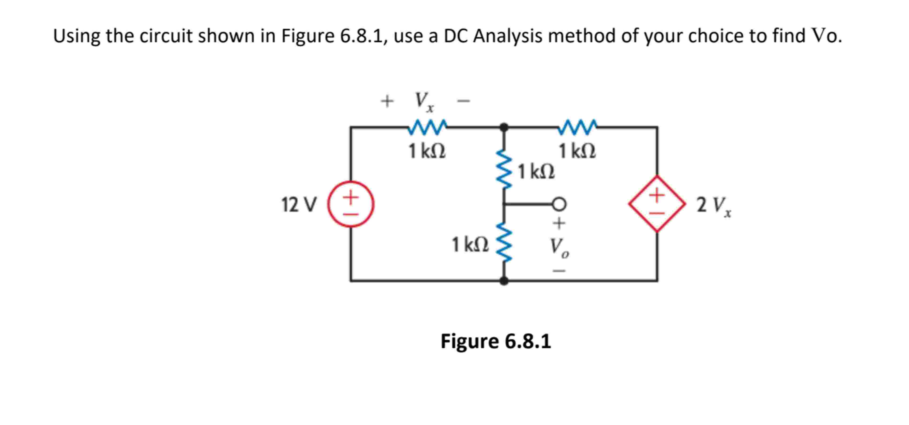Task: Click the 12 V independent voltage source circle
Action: pyautogui.click(x=351, y=204)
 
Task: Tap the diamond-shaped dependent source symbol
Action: pyautogui.click(x=657, y=204)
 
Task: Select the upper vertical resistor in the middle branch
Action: pyautogui.click(x=504, y=170)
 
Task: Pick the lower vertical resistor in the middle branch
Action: pyautogui.click(x=504, y=242)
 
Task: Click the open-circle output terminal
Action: pyautogui.click(x=559, y=204)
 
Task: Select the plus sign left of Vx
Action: pyautogui.click(x=387, y=101)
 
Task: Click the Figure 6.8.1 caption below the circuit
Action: pyautogui.click(x=495, y=341)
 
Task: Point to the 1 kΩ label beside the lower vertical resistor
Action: pyautogui.click(x=470, y=245)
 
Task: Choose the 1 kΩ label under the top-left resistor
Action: pyautogui.click(x=427, y=151)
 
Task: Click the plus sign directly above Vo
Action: pyautogui.click(x=559, y=223)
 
